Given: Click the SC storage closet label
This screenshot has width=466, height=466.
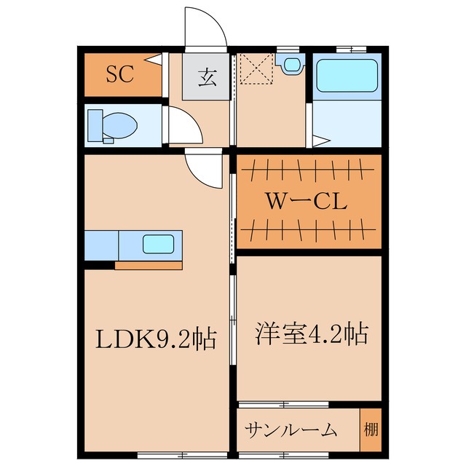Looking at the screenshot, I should pos(120,74).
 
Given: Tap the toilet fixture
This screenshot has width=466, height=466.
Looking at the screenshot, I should pos(111,126).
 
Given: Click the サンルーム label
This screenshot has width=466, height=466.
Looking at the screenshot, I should pos(291,430).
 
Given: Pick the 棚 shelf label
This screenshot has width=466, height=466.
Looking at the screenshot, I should pos(371,428).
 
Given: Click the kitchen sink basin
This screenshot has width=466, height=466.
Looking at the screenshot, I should pos(157,244).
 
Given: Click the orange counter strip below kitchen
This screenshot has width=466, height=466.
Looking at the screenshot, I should pos(148,265).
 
